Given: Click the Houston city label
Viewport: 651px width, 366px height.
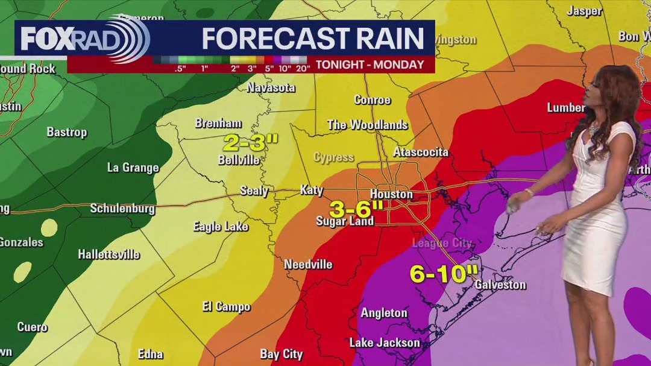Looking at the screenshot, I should [391, 194].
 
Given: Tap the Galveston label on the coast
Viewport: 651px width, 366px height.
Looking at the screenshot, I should [500, 285].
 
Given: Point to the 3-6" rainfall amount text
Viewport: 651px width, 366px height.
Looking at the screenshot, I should [356, 209].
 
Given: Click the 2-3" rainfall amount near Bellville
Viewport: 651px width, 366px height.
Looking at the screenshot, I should [251, 143].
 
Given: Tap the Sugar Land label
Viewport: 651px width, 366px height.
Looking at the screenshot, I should [345, 221].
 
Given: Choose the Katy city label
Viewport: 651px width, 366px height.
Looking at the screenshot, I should [312, 191].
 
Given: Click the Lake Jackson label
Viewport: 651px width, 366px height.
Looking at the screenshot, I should [385, 342].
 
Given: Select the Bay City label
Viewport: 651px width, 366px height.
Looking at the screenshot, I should [281, 353].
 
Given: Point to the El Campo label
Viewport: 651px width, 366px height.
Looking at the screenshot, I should [226, 307].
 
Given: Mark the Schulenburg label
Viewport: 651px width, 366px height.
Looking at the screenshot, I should [122, 209].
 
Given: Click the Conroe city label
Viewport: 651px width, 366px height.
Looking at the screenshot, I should [373, 99].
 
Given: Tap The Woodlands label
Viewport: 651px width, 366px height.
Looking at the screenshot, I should [367, 125].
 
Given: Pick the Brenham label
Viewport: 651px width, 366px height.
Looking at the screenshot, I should [218, 123].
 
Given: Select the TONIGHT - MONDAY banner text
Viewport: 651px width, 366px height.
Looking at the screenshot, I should [370, 65].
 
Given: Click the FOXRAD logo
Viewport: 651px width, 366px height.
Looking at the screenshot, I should [84, 40].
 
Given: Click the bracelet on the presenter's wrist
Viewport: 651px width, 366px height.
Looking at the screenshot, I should [529, 192].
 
